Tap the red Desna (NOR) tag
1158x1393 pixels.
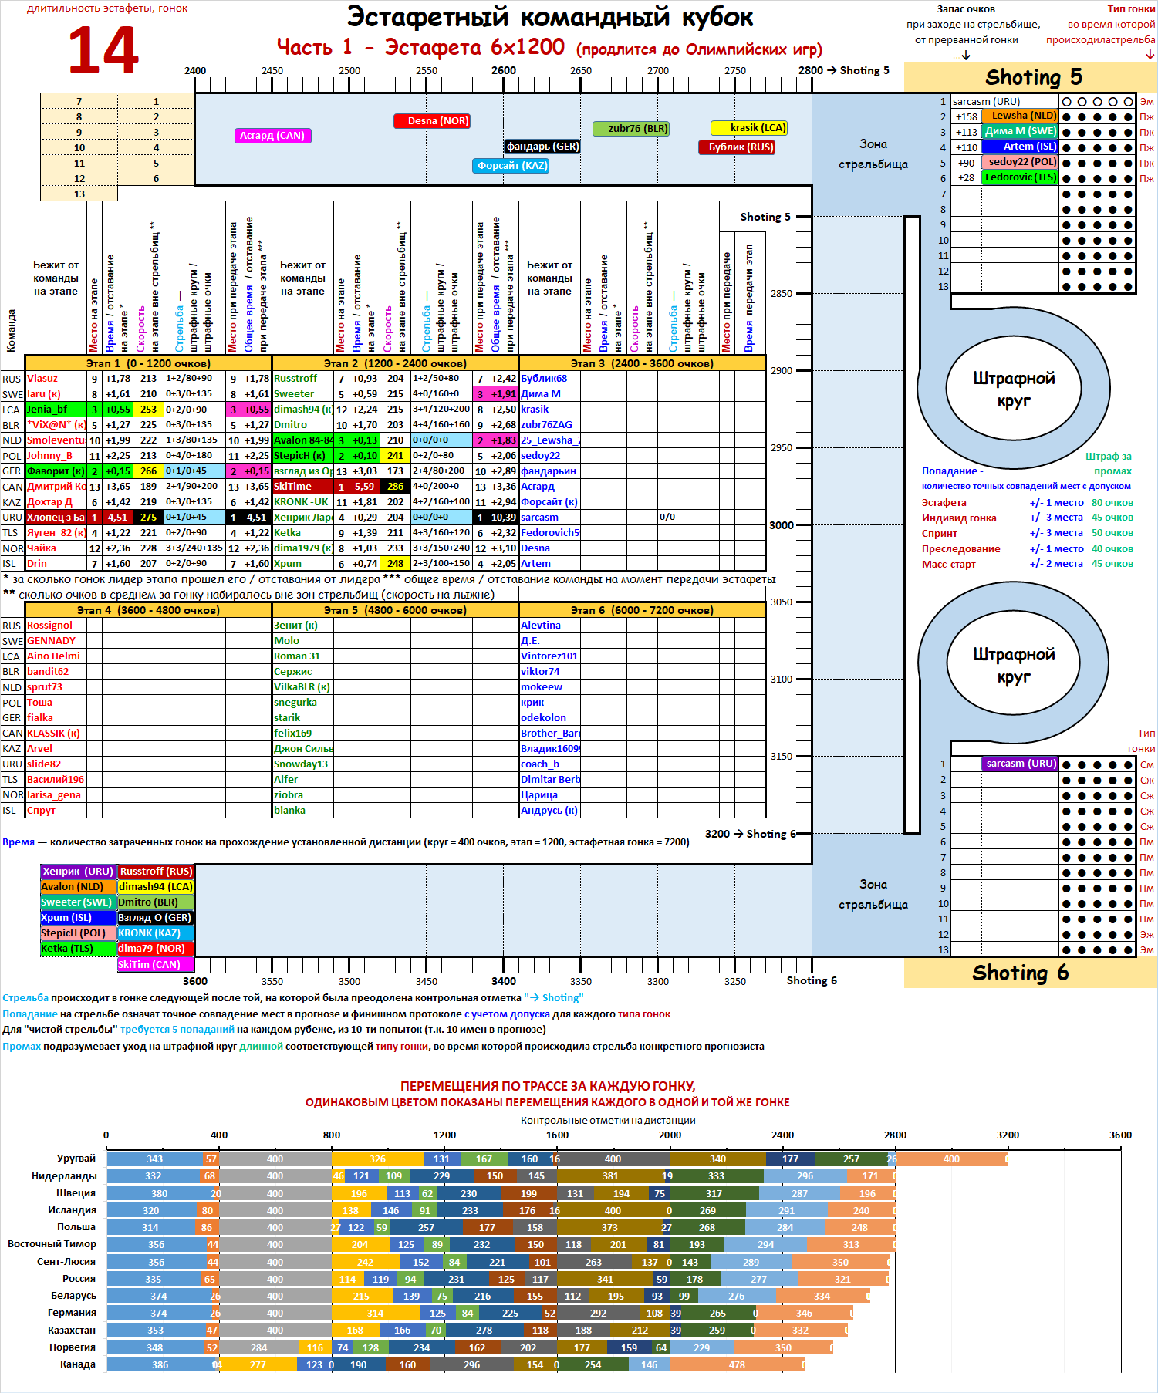pyautogui.click(x=432, y=121)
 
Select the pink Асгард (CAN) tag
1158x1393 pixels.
pyautogui.click(x=272, y=136)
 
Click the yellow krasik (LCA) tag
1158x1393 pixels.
pyautogui.click(x=748, y=128)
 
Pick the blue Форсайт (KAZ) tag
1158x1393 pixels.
pyautogui.click(x=510, y=166)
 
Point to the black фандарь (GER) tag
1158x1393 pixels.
pyautogui.click(x=542, y=147)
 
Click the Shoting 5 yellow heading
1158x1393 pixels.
pyautogui.click(x=1032, y=77)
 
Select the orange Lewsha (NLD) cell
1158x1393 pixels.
pyautogui.click(x=1020, y=116)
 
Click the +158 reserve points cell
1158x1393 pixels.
pyautogui.click(x=966, y=117)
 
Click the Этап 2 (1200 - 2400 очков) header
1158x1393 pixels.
pyautogui.click(x=395, y=363)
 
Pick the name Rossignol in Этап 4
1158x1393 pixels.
pyautogui.click(x=50, y=626)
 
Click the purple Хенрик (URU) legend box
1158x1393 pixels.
pyautogui.click(x=78, y=872)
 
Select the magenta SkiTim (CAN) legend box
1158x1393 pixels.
pyautogui.click(x=155, y=965)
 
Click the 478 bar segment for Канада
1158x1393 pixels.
pyautogui.click(x=737, y=1364)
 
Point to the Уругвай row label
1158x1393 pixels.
pyautogui.click(x=76, y=1159)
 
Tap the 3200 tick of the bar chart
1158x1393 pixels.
pyautogui.click(x=1008, y=1135)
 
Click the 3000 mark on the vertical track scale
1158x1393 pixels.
pyautogui.click(x=782, y=525)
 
